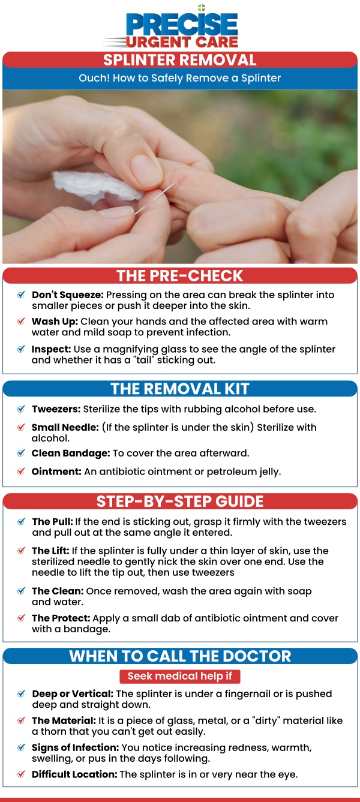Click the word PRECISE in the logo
tap(182, 25)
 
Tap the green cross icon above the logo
tap(202, 8)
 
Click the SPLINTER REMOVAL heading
tap(180, 60)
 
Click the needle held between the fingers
tap(155, 198)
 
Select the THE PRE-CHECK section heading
tap(180, 276)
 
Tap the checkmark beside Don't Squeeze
tap(21, 295)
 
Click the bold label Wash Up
tap(55, 322)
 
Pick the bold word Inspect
tap(51, 349)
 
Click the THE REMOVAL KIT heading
tap(180, 389)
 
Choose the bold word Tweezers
tap(56, 409)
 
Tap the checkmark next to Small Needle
tap(21, 426)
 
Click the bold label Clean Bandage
tap(71, 453)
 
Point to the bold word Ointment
tap(56, 471)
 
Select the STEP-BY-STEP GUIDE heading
tap(180, 501)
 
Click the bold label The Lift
tap(50, 551)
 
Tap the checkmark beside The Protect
tap(21, 618)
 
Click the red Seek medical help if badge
tap(180, 676)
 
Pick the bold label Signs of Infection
tap(75, 747)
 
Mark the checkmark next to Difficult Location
tap(21, 774)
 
